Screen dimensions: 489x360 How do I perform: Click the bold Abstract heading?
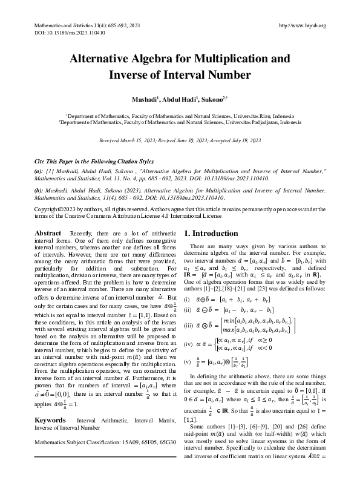48,233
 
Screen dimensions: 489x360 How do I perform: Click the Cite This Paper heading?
93,162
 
